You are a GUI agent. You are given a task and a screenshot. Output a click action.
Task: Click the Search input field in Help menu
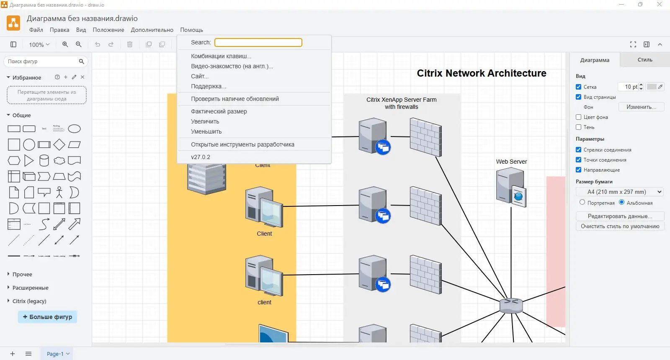(258, 43)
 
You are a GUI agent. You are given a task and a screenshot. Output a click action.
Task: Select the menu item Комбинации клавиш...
(221, 56)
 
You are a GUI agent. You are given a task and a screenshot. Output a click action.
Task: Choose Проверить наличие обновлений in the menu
(235, 99)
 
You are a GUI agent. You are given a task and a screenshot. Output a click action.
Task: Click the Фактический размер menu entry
(219, 111)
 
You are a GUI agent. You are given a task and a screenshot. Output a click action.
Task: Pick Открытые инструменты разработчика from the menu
(242, 144)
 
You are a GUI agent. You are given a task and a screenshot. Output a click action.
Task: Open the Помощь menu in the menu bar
(191, 30)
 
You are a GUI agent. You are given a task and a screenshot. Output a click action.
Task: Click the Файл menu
(36, 30)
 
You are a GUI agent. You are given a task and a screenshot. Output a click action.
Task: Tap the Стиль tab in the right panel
(645, 60)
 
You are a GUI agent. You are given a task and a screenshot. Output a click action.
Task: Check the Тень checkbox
(579, 127)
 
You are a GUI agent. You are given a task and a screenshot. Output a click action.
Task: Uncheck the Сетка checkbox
(579, 87)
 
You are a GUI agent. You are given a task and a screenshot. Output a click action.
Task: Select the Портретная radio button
(582, 202)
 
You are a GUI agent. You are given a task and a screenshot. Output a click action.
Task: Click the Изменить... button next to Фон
(641, 107)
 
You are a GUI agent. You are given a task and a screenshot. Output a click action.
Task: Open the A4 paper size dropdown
(620, 192)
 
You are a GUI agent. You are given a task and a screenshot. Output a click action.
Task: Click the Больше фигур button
(47, 317)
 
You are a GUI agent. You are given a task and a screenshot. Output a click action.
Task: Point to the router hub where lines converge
(511, 305)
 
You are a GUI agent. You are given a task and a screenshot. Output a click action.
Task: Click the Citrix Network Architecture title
(482, 73)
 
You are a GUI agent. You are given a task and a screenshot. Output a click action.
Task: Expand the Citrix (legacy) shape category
(29, 301)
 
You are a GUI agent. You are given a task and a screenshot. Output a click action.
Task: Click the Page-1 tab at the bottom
(55, 354)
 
